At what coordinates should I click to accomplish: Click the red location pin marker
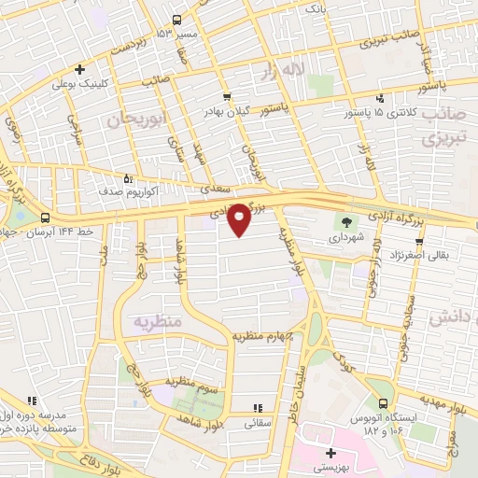point(239,218)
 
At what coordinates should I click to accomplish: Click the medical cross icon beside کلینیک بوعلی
point(79,68)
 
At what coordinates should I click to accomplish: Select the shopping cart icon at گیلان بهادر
point(226,97)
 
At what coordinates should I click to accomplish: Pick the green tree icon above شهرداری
point(346,222)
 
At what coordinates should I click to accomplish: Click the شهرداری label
point(346,237)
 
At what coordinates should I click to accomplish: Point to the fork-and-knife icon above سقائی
point(259,406)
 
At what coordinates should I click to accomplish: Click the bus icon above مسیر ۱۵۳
point(177,20)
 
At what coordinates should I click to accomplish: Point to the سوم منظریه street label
point(191,381)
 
